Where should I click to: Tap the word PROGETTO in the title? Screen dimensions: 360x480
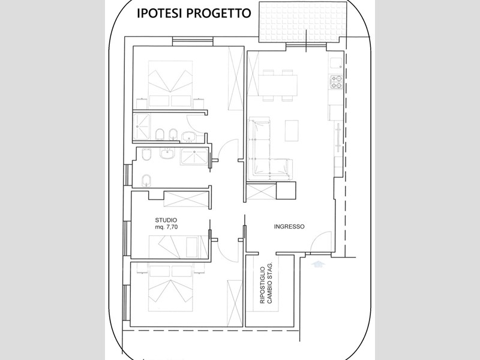click(217, 14)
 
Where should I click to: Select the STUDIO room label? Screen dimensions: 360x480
click(166, 220)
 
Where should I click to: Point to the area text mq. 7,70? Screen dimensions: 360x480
click(166, 228)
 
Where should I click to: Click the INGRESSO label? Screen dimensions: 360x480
click(289, 227)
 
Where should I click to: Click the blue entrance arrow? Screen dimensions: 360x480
click(317, 262)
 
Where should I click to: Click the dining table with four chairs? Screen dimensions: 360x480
click(279, 83)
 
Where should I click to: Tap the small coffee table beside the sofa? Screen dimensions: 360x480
click(292, 128)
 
